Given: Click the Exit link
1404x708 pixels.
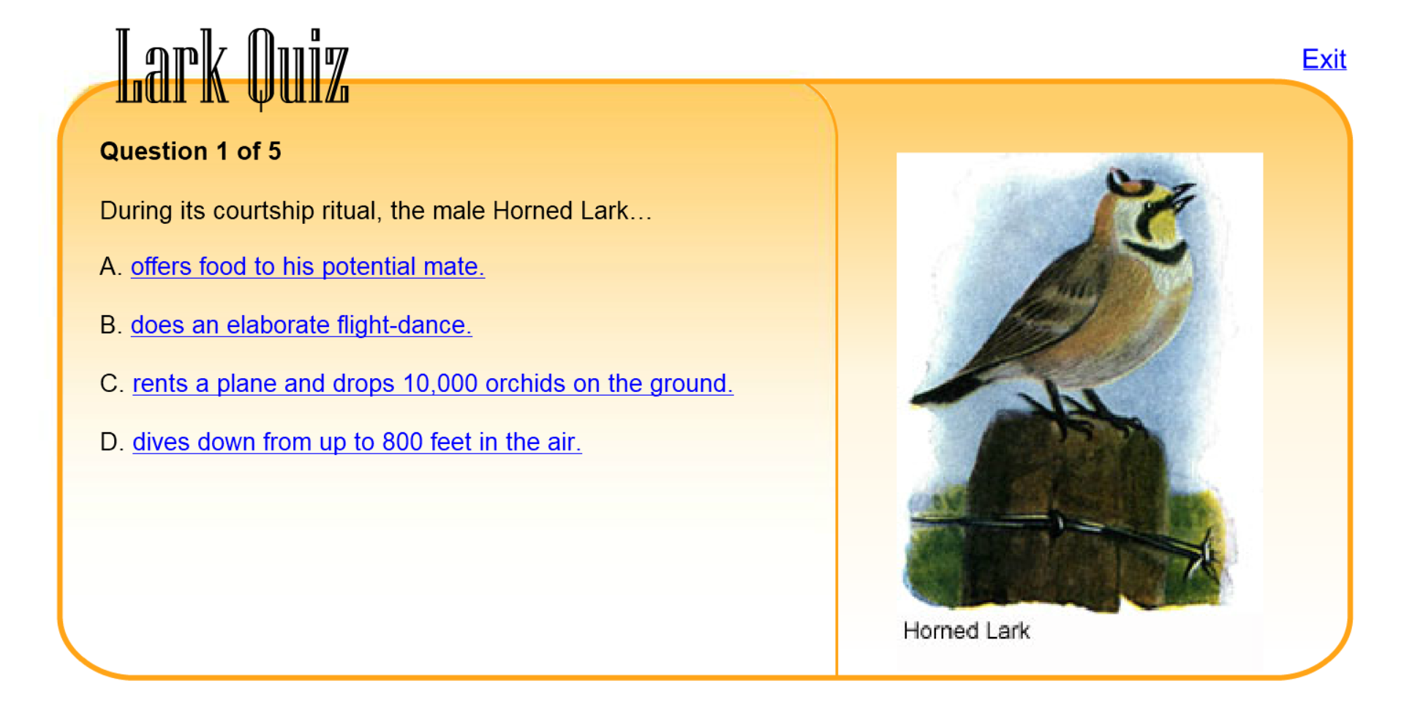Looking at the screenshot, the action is pyautogui.click(x=1324, y=59).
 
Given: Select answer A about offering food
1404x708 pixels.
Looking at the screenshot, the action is pyautogui.click(x=307, y=266).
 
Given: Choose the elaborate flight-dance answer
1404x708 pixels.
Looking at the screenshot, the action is pyautogui.click(x=301, y=325).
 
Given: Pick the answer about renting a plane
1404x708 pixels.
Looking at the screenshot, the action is pyautogui.click(x=432, y=383).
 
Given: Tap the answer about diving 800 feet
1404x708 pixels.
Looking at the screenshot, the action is pyautogui.click(x=357, y=442).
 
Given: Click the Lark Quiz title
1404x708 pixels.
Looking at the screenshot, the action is pyautogui.click(x=233, y=67).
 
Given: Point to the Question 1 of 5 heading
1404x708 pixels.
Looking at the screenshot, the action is pyautogui.click(x=190, y=151).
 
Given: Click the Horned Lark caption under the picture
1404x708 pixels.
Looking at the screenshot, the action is pyautogui.click(x=966, y=630).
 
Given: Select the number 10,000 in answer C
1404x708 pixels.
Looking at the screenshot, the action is pyautogui.click(x=439, y=383).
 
